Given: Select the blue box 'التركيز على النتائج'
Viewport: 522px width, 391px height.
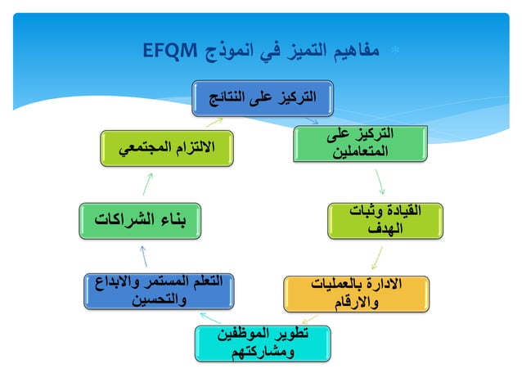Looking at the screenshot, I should [254, 98].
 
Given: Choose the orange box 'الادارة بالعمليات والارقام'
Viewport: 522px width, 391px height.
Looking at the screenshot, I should [357, 294].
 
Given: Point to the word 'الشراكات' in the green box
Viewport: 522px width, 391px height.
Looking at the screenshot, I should [124, 219].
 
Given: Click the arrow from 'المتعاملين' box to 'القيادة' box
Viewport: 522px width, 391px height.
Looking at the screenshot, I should [377, 181].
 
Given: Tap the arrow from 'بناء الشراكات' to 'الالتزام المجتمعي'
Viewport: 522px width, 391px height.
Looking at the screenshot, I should [146, 183].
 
